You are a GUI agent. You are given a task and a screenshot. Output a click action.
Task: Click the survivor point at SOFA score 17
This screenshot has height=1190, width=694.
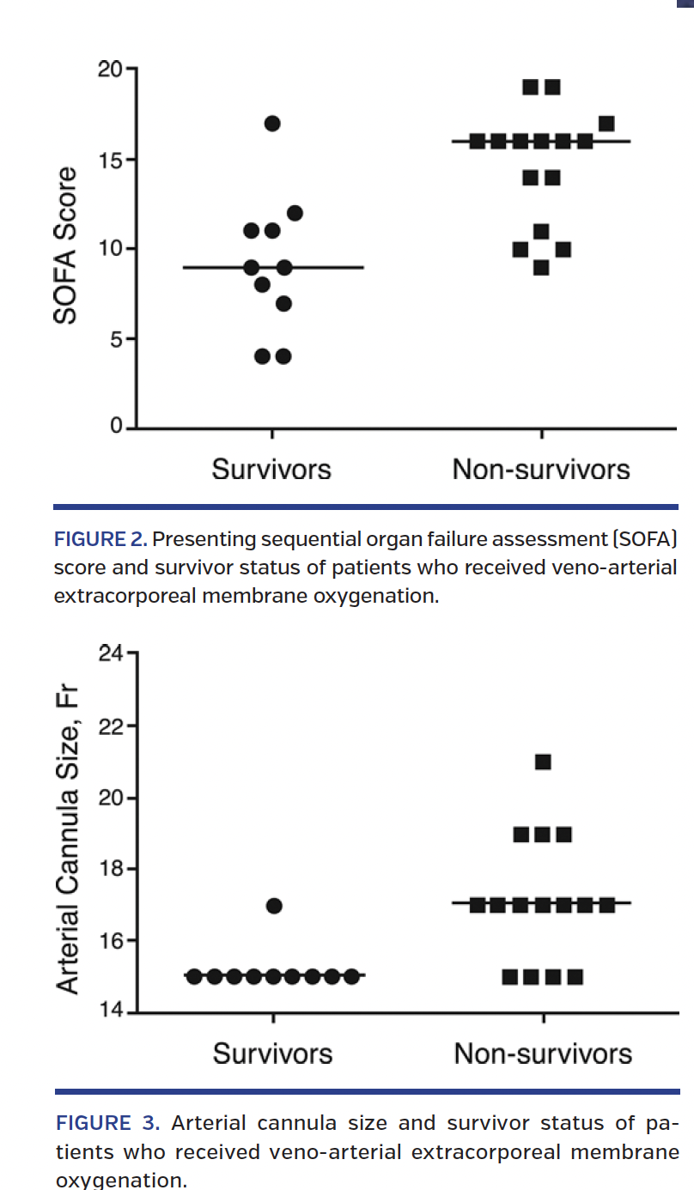pos(272,124)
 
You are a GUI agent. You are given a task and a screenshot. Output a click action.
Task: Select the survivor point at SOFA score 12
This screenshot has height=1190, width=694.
pos(295,213)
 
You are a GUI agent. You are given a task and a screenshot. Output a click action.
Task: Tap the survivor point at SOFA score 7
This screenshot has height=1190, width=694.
pos(284,303)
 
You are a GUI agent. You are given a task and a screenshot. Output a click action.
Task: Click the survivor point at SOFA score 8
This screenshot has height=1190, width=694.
pos(263,285)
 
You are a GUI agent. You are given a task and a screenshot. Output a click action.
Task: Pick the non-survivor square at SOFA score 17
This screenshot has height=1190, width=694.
pos(606,124)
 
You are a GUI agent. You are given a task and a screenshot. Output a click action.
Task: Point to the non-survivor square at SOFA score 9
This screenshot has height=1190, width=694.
pos(541,267)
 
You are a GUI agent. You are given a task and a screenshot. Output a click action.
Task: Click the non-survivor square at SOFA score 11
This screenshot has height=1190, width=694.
pos(541,232)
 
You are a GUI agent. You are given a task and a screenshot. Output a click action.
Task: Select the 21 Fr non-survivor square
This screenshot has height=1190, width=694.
pos(543,762)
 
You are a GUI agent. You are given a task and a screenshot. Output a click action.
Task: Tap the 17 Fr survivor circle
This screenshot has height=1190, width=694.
pos(274,906)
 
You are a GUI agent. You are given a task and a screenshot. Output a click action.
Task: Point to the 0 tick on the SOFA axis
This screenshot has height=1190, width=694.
pos(116,427)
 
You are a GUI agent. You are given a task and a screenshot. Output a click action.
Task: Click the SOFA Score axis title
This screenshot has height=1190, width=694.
pos(66,246)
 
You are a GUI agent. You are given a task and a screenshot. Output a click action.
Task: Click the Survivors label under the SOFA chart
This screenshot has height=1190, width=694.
pos(271,470)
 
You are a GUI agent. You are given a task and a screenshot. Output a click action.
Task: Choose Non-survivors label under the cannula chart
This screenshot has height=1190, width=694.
pos(543,1053)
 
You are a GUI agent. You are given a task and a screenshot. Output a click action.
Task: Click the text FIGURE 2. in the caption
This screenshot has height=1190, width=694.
pos(100,540)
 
